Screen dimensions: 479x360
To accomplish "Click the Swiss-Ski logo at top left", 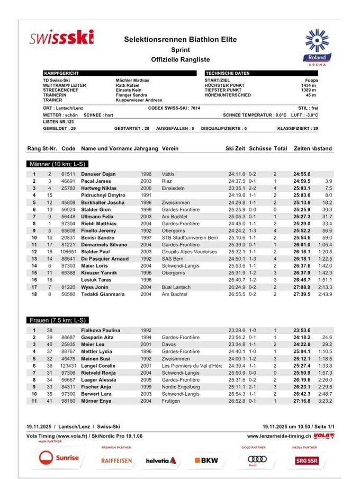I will (62, 38).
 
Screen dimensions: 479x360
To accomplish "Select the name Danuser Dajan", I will (98, 174).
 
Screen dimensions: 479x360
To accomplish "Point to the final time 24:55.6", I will (302, 174).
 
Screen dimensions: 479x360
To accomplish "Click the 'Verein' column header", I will (170, 148).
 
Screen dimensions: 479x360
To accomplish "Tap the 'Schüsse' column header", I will (260, 148).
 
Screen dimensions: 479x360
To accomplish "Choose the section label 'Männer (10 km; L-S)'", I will (58, 164).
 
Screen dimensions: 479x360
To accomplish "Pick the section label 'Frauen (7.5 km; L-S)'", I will (58, 321).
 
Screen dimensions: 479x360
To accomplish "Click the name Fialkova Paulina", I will (101, 330).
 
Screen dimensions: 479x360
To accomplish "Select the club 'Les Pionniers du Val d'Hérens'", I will (192, 366).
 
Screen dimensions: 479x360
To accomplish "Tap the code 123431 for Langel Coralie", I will (68, 366).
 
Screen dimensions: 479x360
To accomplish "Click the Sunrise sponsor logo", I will (59, 458).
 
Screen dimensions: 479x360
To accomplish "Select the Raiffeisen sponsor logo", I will (116, 460).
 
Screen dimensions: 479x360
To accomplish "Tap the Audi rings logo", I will (257, 458).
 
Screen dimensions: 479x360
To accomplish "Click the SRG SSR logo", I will (307, 460).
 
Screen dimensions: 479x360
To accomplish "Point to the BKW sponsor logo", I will (206, 460).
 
